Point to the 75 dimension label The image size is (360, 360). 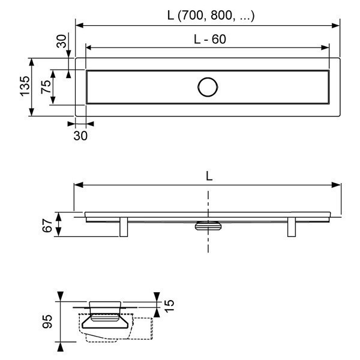pyautogui.click(x=45, y=88)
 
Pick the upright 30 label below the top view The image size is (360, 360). pyautogui.click(x=80, y=136)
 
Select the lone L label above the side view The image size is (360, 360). pyautogui.click(x=208, y=176)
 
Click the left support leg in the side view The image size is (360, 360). pyautogui.click(x=124, y=227)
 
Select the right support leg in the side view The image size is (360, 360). pyautogui.click(x=292, y=227)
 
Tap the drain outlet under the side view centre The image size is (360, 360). pyautogui.click(x=208, y=226)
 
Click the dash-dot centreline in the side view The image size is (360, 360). pyautogui.click(x=208, y=240)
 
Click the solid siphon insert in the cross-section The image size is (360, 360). pyautogui.click(x=106, y=318)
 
